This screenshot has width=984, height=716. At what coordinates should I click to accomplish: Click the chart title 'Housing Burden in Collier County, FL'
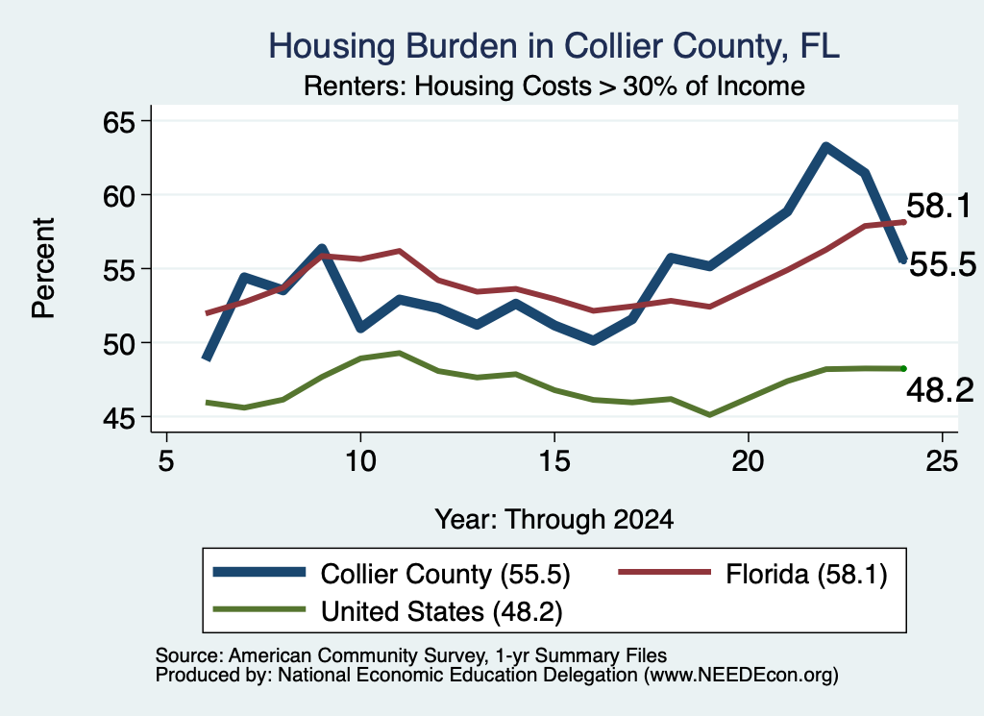click(x=554, y=46)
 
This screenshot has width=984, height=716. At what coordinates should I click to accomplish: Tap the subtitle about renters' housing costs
click(x=554, y=86)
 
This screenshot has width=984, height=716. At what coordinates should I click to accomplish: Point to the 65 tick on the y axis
click(x=120, y=121)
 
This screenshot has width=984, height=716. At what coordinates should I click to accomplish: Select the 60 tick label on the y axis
click(x=120, y=195)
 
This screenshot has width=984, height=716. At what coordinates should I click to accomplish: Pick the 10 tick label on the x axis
click(x=360, y=461)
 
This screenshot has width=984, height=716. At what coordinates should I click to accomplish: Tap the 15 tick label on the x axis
click(x=554, y=461)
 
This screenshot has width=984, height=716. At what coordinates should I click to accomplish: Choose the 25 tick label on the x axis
click(x=942, y=461)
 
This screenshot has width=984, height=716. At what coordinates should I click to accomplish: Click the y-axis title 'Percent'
click(x=44, y=268)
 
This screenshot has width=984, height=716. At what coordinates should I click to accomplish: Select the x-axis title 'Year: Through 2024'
click(x=554, y=519)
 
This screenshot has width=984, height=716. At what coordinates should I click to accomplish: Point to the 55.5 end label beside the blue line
click(x=943, y=264)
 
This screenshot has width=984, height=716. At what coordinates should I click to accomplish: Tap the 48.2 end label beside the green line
click(x=940, y=390)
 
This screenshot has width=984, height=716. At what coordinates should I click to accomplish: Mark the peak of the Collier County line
click(x=825, y=147)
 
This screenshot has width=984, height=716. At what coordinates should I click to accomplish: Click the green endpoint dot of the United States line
click(x=903, y=368)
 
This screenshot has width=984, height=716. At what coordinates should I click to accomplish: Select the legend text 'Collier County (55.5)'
click(x=446, y=574)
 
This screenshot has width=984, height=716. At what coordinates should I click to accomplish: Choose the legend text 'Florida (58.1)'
click(x=806, y=574)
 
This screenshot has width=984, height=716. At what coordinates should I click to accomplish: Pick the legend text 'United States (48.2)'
click(x=442, y=611)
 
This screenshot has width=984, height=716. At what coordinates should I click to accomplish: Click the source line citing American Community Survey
click(x=411, y=655)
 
